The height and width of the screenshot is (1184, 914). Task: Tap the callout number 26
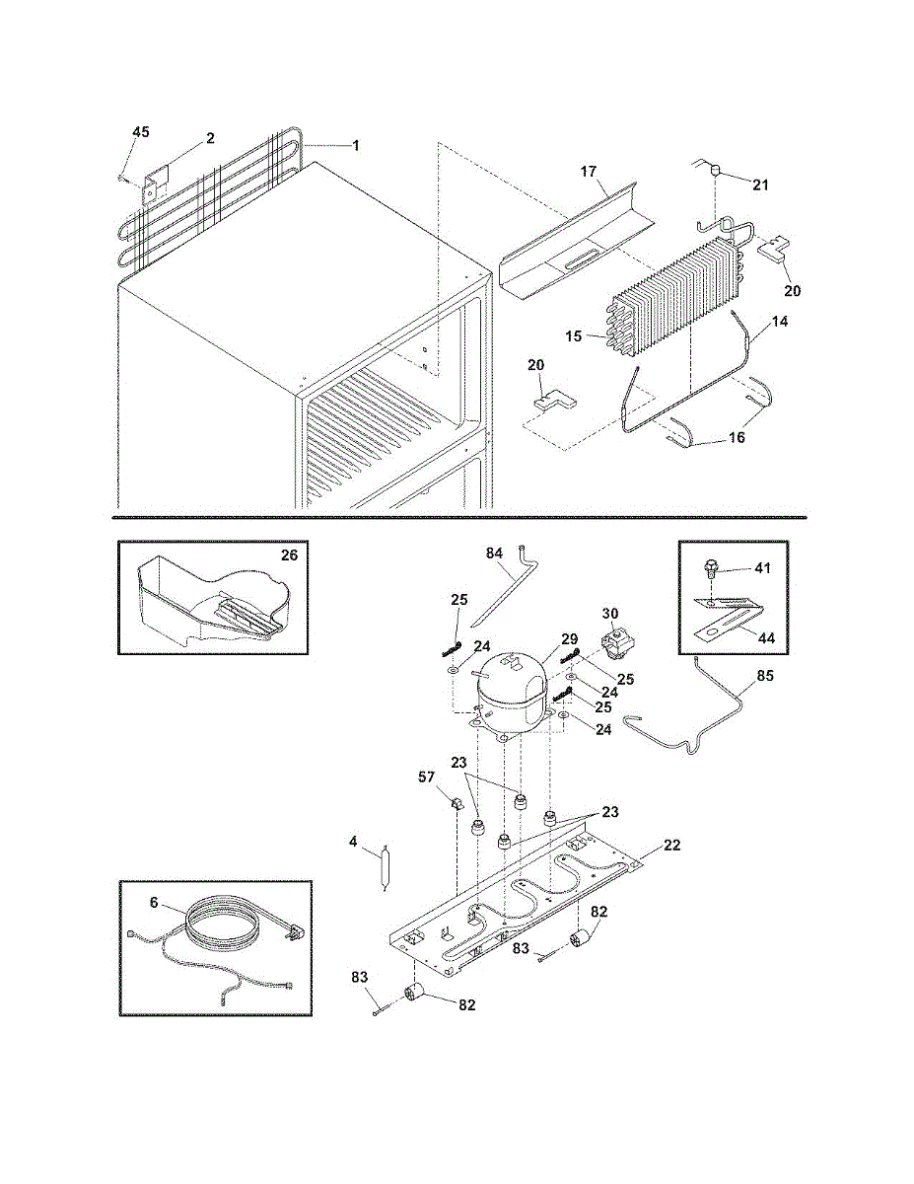[x=289, y=555]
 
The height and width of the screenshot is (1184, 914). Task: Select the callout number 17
[x=588, y=172]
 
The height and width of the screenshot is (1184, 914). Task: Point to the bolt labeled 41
[x=709, y=568]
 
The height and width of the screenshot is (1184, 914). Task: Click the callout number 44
[x=766, y=638]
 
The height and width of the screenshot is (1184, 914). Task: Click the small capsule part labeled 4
[x=385, y=867]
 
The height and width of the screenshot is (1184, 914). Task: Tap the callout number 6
[x=154, y=902]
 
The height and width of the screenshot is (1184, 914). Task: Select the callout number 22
[x=671, y=845]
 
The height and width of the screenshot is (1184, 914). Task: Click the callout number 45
[x=141, y=132]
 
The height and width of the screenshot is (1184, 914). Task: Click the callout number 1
[x=355, y=145]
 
